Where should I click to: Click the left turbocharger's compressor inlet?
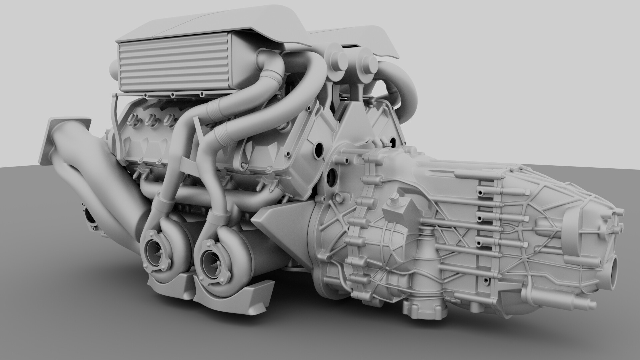tap(157, 250)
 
